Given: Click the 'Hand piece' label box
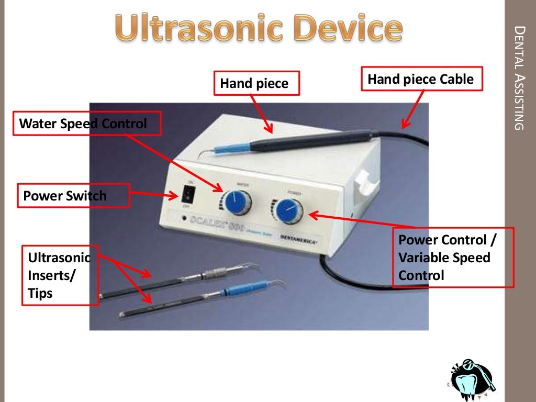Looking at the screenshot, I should [256, 83].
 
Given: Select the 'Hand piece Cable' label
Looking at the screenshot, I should [420, 80].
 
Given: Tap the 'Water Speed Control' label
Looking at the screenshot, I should [86, 124].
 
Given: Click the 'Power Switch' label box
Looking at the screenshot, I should [73, 196].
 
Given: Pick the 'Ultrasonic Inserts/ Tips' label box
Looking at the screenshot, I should [60, 275].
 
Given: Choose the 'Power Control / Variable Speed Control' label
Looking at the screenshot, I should [453, 257].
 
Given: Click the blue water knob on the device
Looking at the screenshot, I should [236, 202].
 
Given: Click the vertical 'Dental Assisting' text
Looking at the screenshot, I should [518, 79].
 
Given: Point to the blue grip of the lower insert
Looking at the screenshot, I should [238, 291].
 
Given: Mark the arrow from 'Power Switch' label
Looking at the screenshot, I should [154, 195].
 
